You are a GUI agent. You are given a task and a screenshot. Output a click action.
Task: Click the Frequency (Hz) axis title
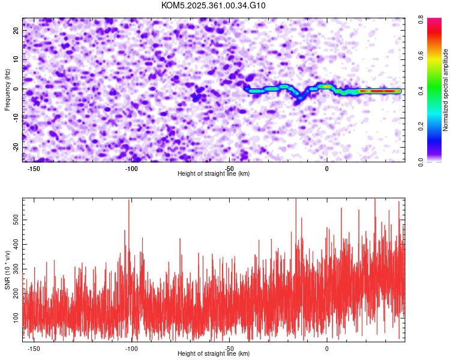click(7, 89)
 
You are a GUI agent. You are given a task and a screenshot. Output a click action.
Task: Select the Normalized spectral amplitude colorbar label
click(446, 90)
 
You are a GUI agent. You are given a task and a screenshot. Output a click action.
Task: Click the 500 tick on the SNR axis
click(16, 220)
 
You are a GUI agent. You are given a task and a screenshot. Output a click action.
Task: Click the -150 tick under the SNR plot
click(34, 348)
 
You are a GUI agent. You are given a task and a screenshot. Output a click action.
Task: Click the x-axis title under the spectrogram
click(214, 174)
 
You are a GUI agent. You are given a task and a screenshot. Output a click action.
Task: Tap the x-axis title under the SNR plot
click(214, 354)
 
